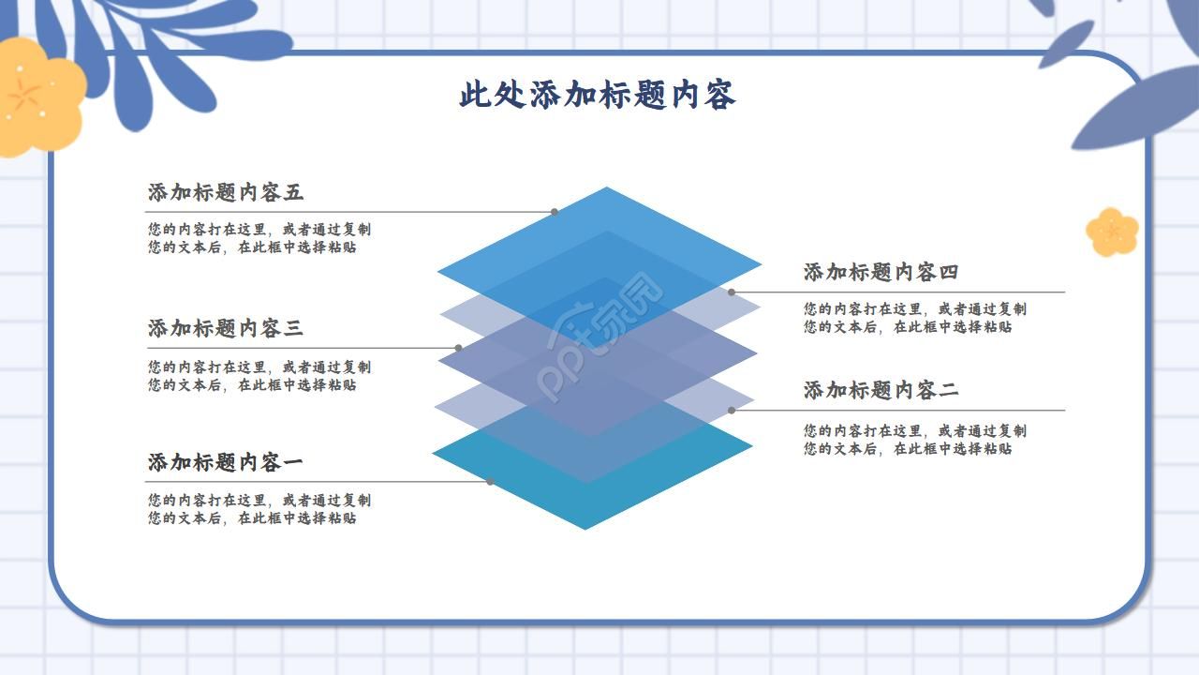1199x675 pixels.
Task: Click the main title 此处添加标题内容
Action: click(x=597, y=95)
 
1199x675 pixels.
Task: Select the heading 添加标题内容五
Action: click(x=226, y=193)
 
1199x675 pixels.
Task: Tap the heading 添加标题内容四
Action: click(x=881, y=273)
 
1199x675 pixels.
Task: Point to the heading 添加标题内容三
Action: click(x=226, y=329)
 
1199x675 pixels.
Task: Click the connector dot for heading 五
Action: click(x=555, y=212)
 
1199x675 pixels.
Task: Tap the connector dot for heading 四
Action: click(x=732, y=292)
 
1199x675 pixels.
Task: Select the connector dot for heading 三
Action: click(x=458, y=348)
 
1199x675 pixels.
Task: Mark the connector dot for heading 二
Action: click(x=732, y=410)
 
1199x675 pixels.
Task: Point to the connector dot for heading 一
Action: click(x=490, y=482)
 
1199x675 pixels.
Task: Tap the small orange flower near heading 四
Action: click(x=1112, y=232)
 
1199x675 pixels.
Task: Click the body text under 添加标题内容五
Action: click(x=259, y=238)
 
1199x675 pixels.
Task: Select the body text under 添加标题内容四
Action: click(x=914, y=318)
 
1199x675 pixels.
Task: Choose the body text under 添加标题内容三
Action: click(x=259, y=376)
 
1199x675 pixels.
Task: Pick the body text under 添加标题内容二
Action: click(x=914, y=440)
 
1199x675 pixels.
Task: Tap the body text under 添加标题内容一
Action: click(x=259, y=509)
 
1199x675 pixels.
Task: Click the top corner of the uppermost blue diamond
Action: click(x=607, y=187)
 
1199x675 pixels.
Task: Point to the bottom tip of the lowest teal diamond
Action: click(x=585, y=529)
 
